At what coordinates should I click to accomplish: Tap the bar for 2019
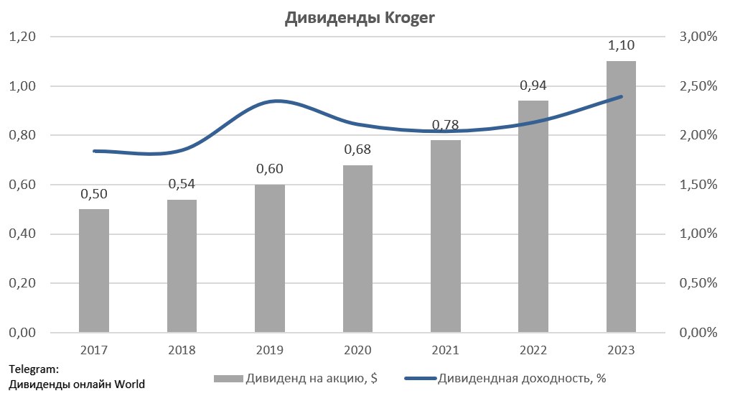click(x=270, y=259)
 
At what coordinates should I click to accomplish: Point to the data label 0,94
click(x=533, y=86)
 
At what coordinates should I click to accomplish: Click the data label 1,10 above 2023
click(x=621, y=46)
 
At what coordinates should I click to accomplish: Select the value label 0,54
click(x=182, y=184)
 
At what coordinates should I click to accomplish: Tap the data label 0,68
click(x=357, y=150)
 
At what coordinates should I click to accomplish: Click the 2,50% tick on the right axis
click(x=698, y=86)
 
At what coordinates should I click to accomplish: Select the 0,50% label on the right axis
click(x=698, y=283)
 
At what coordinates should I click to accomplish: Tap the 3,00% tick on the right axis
click(x=698, y=37)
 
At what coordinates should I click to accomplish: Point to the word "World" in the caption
click(x=131, y=384)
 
